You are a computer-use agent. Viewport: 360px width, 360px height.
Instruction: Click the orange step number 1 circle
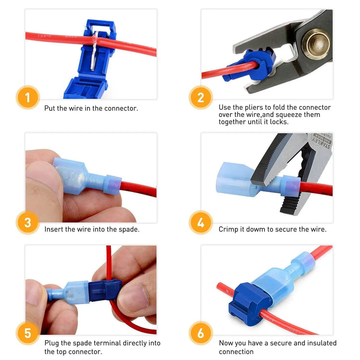pyautogui.click(x=28, y=98)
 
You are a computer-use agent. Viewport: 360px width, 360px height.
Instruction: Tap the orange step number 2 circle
pyautogui.click(x=201, y=98)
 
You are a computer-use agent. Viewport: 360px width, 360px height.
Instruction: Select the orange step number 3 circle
pyautogui.click(x=28, y=222)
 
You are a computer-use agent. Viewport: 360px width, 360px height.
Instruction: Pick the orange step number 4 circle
pyautogui.click(x=201, y=222)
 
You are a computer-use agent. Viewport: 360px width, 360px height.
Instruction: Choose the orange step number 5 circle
pyautogui.click(x=28, y=333)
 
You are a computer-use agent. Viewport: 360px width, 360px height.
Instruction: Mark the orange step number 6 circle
pyautogui.click(x=201, y=333)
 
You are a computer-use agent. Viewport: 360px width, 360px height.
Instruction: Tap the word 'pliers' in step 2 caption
pyautogui.click(x=261, y=107)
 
